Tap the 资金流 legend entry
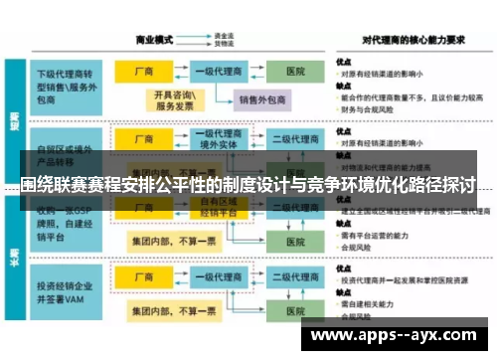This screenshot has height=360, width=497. tap(223, 36)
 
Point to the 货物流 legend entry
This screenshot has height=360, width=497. tap(223, 45)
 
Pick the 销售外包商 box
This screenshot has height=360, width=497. tap(261, 99)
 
